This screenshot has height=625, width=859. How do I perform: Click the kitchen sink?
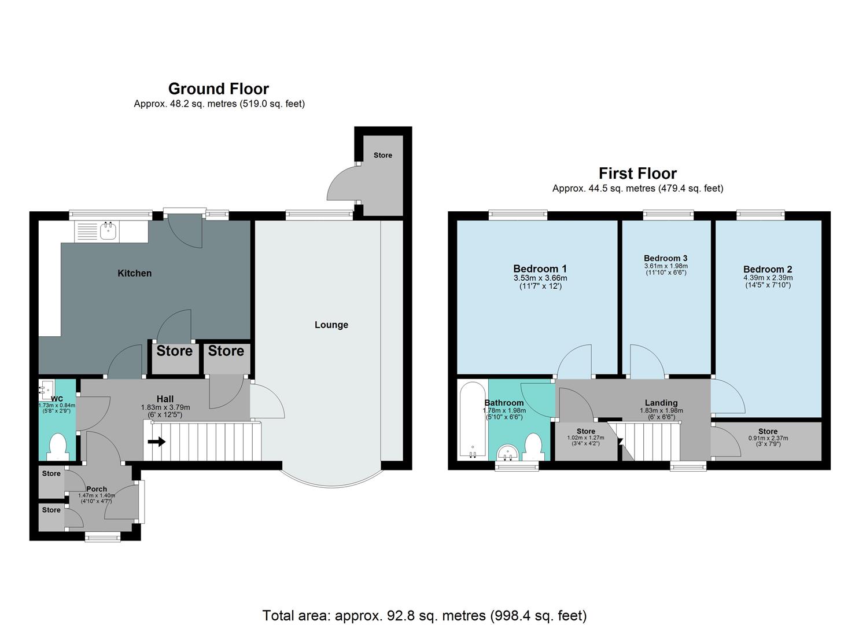pyautogui.click(x=108, y=231)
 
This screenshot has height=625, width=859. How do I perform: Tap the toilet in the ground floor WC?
pyautogui.click(x=58, y=447)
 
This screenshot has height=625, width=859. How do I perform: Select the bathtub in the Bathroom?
pyautogui.click(x=473, y=419)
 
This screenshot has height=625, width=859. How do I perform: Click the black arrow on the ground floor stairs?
pyautogui.click(x=156, y=442)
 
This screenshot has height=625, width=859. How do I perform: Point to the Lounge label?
pyautogui.click(x=331, y=325)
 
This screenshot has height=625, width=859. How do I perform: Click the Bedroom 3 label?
pyautogui.click(x=665, y=258)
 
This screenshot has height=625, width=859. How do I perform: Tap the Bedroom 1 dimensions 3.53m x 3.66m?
pyautogui.click(x=540, y=278)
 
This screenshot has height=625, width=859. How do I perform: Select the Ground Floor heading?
pyautogui.click(x=218, y=89)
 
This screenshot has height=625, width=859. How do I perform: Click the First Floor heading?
pyautogui.click(x=637, y=173)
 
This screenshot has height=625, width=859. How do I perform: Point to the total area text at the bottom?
pyautogui.click(x=424, y=615)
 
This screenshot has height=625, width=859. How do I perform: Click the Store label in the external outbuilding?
pyautogui.click(x=382, y=155)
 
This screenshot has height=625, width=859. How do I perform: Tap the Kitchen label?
pyautogui.click(x=134, y=273)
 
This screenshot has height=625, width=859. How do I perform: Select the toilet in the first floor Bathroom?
pyautogui.click(x=533, y=447)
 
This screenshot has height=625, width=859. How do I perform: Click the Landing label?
pyautogui.click(x=661, y=403)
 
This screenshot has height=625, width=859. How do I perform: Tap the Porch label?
pyautogui.click(x=97, y=489)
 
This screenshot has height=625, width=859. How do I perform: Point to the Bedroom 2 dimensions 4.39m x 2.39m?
pyautogui.click(x=768, y=278)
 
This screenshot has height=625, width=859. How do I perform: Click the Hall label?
pyautogui.click(x=165, y=399)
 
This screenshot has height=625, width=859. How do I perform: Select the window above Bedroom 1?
pyautogui.click(x=518, y=215)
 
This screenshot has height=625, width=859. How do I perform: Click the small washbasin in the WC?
pyautogui.click(x=46, y=390)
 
